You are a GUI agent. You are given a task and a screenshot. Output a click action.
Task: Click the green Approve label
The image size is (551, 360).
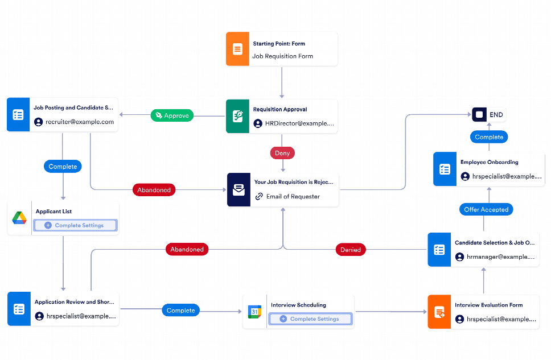(x=172, y=115)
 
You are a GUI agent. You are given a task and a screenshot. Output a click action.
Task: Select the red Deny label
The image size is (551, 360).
(x=282, y=153)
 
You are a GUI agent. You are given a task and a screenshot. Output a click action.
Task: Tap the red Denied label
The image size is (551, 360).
(x=350, y=249)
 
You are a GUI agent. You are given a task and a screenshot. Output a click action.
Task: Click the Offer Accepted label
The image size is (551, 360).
(x=486, y=209)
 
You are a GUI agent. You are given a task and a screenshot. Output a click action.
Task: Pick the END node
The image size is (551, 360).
(x=489, y=115)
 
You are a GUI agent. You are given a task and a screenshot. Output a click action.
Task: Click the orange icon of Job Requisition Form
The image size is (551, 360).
(x=237, y=49)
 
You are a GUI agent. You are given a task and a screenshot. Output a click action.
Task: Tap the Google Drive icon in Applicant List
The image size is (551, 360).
(x=19, y=218)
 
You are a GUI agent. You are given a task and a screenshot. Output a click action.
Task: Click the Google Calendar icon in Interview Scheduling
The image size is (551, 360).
(x=254, y=312)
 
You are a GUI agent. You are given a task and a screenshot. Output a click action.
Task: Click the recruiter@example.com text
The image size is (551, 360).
(x=80, y=122)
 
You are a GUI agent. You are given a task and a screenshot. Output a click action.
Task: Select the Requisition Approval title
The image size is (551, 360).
(x=279, y=109)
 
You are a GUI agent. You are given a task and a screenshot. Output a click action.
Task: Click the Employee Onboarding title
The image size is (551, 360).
(x=489, y=162)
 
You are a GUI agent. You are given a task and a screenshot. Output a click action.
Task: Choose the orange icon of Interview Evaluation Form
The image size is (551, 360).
(x=439, y=312)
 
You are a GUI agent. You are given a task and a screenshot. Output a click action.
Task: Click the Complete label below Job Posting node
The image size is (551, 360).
(x=63, y=167)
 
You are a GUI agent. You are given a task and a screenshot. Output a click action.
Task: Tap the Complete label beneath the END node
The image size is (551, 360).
(x=489, y=137)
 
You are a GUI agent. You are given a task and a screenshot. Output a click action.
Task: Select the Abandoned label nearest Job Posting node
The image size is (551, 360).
(x=154, y=190)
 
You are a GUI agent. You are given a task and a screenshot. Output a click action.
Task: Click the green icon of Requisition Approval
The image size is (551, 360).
(x=238, y=117)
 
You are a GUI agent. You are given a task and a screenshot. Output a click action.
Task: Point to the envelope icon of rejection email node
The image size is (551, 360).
(x=239, y=190)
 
